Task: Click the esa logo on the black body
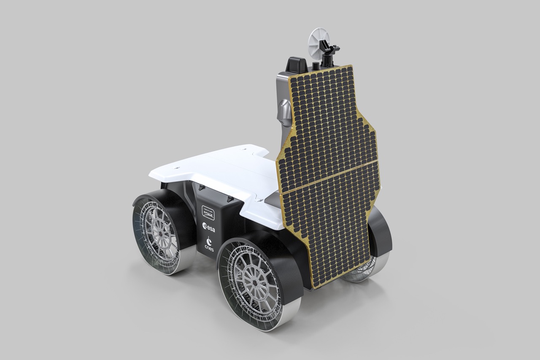point(208,228)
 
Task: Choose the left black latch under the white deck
point(202,187)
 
